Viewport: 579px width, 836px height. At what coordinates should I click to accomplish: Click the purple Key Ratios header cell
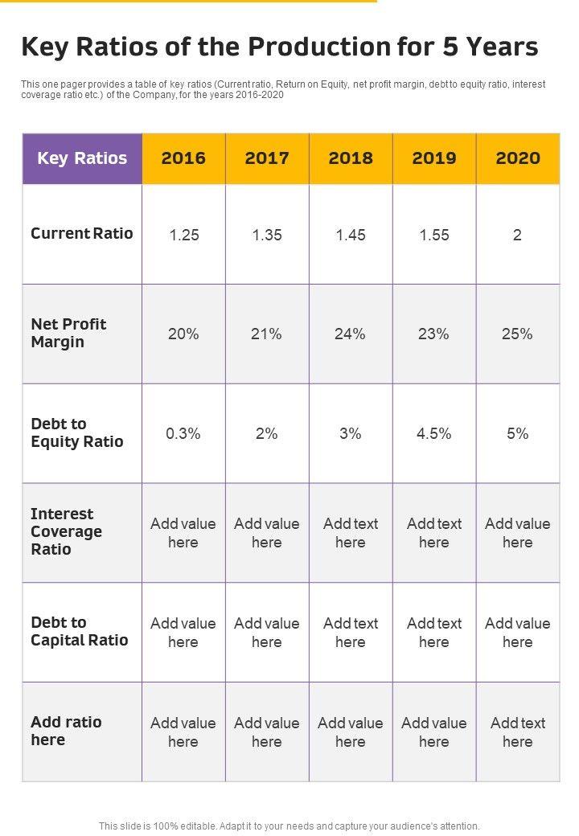[x=82, y=158]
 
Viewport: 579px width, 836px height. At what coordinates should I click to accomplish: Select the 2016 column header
[x=183, y=158]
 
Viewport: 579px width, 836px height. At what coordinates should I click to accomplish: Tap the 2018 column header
[x=351, y=158]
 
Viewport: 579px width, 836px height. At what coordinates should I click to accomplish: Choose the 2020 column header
[x=518, y=158]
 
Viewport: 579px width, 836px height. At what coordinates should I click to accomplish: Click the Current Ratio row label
[x=82, y=234]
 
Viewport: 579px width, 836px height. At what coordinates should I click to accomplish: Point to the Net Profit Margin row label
[x=68, y=333]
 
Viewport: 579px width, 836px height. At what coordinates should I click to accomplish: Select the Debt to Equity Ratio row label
[x=77, y=432]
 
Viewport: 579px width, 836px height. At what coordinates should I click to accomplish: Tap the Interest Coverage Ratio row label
[x=67, y=531]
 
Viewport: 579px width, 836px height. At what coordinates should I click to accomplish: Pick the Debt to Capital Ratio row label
[x=80, y=631]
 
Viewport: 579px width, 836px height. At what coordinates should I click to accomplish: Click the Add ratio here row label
[x=66, y=731]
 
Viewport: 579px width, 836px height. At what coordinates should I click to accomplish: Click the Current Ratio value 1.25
[x=184, y=235]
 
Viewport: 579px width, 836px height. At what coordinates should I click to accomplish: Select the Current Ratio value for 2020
[x=518, y=235]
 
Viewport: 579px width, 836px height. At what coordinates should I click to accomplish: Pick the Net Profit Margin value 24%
[x=351, y=334]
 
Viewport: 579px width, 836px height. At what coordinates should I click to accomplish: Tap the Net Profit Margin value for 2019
[x=434, y=334]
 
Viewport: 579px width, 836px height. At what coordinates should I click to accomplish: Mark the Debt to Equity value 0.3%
[x=184, y=433]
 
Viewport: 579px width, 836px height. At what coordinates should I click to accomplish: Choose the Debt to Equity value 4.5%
[x=434, y=433]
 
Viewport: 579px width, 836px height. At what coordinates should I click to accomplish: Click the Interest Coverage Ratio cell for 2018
[x=351, y=532]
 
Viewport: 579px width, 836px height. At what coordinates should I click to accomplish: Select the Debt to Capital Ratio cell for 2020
[x=518, y=632]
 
